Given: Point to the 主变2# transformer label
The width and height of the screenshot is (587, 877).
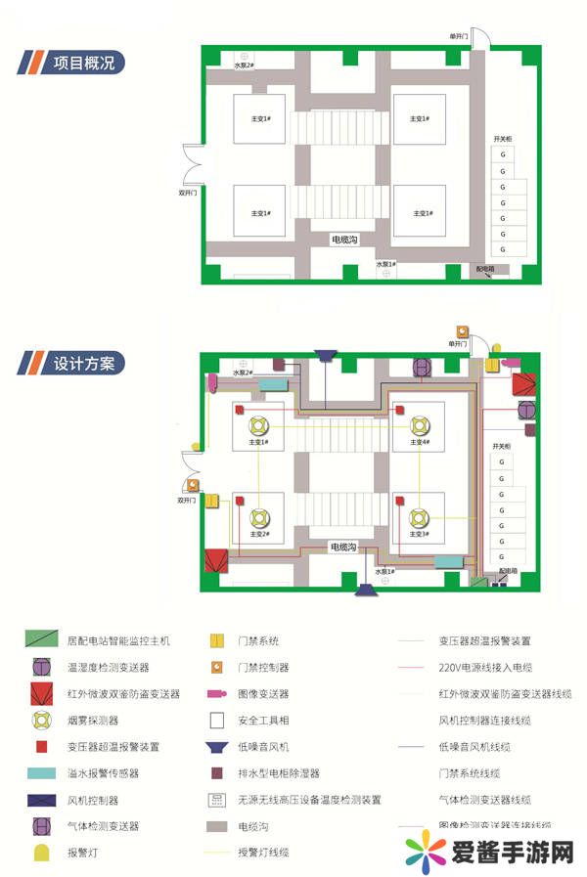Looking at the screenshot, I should [258, 534].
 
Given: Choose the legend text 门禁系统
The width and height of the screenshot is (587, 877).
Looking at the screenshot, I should [258, 641].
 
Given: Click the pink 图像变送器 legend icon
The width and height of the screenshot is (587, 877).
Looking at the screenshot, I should [218, 694].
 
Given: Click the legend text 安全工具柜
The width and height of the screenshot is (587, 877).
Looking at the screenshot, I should [264, 721].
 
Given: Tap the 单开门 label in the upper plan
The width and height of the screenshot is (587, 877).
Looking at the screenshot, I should [460, 35].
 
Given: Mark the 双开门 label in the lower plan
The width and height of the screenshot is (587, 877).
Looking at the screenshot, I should [188, 500].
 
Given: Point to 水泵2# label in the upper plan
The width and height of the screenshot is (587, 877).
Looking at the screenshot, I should [244, 66].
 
